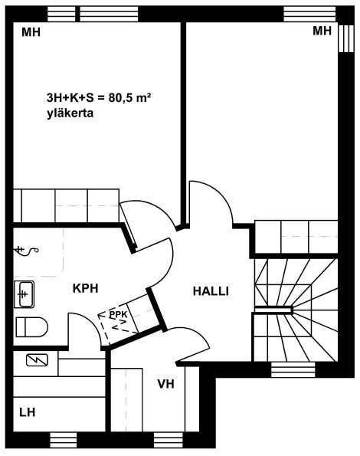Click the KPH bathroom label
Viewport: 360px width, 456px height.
coord(85,288)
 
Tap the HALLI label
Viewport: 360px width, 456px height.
coord(211,291)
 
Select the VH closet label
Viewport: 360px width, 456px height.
coord(165,384)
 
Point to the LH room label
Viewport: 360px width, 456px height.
coord(28,412)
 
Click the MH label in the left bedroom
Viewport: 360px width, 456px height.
coord(31,32)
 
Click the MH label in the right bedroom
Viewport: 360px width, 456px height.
coord(322,31)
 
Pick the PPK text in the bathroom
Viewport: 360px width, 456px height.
coord(118,314)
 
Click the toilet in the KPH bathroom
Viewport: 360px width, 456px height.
coord(31,327)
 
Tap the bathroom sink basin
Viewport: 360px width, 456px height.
coord(24,294)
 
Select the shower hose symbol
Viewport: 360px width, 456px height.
coord(27,251)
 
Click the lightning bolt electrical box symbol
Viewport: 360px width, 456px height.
coord(37,360)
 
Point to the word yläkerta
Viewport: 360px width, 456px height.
coord(70,113)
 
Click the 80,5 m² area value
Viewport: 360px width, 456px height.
coord(129,98)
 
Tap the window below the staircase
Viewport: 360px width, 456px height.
coord(293,369)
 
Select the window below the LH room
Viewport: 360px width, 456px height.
coord(64,440)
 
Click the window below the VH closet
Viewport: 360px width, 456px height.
coord(168,440)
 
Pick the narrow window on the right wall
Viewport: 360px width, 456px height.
coord(345,38)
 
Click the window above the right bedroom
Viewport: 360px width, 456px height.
coord(309,14)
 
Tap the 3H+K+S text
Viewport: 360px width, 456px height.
coord(70,98)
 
